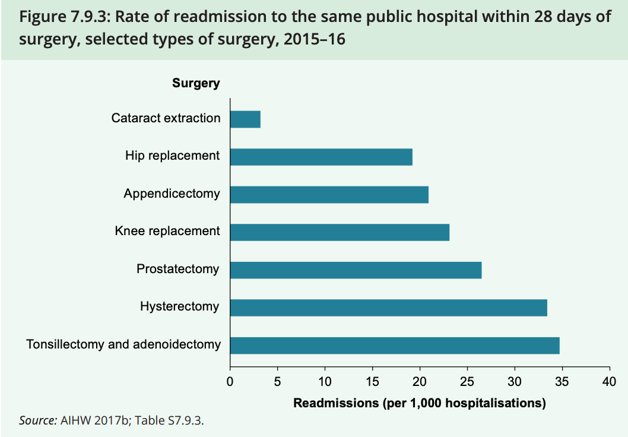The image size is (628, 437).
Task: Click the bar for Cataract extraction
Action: coord(245,119)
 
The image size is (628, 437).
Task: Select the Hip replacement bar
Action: coord(321,157)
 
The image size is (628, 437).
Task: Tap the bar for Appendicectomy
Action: coord(329,195)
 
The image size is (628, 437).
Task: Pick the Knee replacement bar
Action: coord(340,232)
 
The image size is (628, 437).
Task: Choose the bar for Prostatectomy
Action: coord(356,270)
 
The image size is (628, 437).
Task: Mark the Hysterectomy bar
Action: coord(388,308)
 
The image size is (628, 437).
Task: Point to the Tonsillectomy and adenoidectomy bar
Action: coord(395,346)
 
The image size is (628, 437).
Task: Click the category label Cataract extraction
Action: coord(166,118)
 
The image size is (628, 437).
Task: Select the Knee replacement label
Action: coord(167,231)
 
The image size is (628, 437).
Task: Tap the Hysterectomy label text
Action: coord(179,307)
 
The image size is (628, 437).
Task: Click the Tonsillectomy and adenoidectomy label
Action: coord(123,344)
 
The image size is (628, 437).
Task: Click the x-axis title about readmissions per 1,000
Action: coord(420,404)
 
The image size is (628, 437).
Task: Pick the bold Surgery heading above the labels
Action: coord(196,83)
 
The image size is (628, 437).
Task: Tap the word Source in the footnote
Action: coord(38,421)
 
